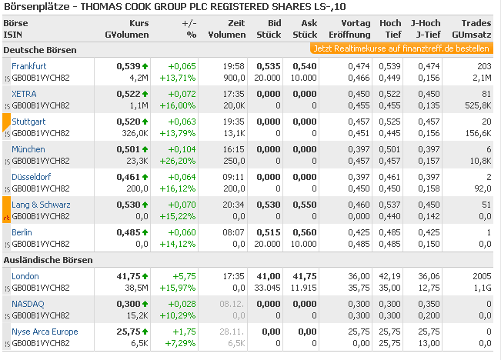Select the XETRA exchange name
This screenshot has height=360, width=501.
click(x=24, y=94)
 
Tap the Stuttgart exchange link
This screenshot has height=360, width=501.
click(x=28, y=122)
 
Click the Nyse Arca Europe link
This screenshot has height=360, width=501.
click(x=45, y=331)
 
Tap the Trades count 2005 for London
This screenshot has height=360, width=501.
click(x=480, y=276)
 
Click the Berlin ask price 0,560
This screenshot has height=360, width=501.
click(x=304, y=232)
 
